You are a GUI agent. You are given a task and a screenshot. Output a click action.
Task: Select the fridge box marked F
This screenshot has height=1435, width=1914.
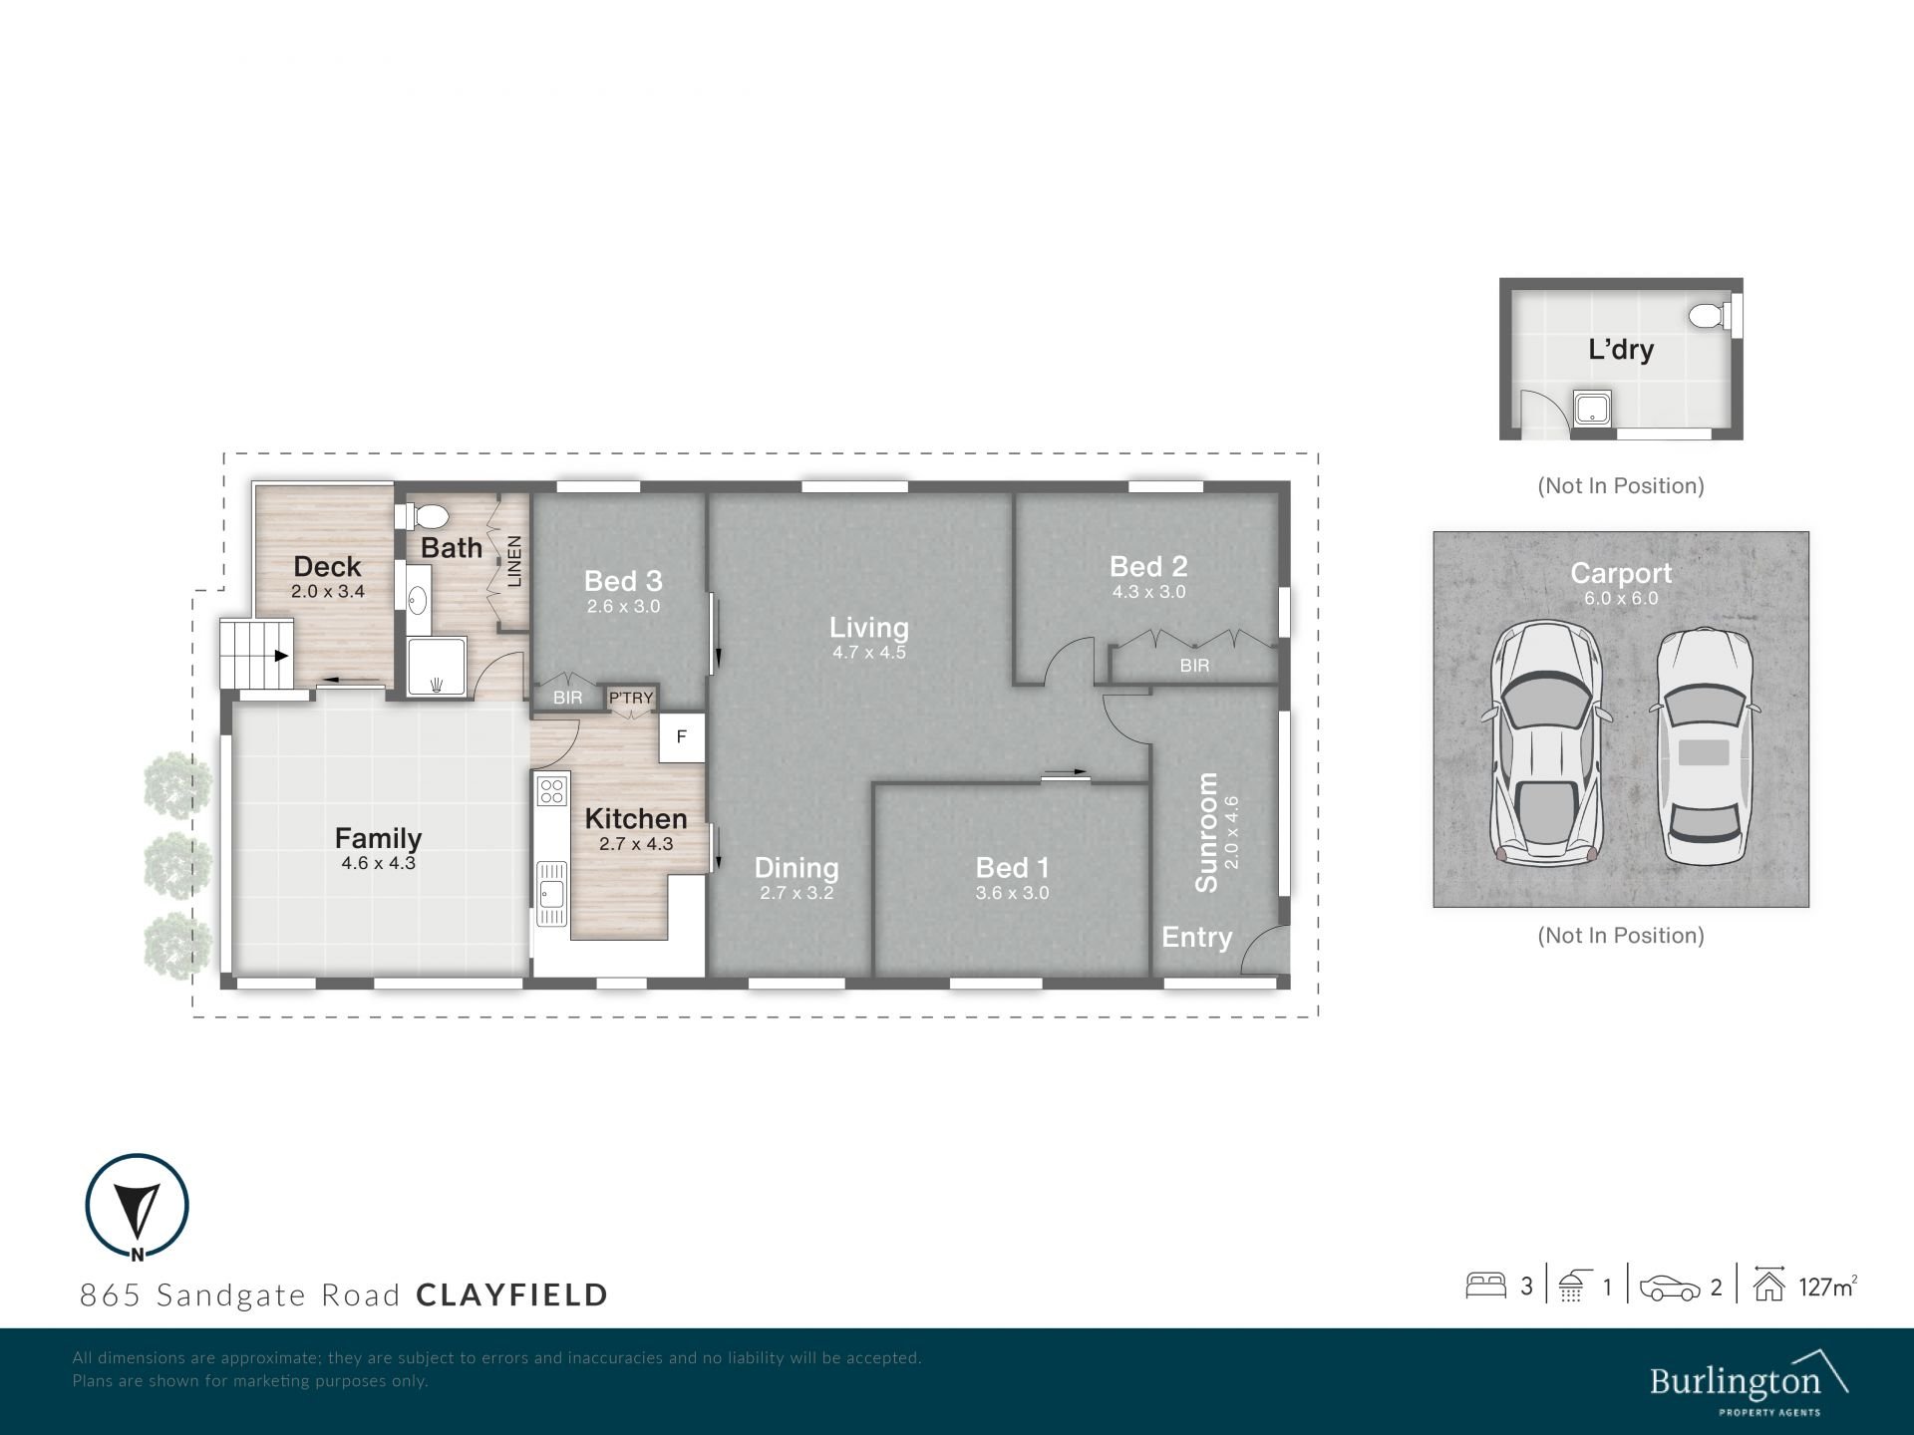click(x=682, y=737)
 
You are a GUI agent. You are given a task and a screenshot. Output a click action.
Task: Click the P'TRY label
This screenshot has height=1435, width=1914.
click(x=631, y=698)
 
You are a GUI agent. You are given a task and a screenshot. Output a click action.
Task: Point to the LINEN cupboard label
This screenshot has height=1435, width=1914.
click(x=514, y=561)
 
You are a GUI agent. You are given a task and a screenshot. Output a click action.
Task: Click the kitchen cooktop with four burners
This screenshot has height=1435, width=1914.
click(x=551, y=791)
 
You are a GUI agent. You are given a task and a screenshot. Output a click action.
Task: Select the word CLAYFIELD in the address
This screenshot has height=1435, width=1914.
click(x=512, y=1294)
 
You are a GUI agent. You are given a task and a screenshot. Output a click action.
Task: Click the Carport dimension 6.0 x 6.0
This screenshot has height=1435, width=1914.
click(x=1621, y=598)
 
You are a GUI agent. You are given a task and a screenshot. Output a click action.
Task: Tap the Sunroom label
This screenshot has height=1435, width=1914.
click(x=1206, y=832)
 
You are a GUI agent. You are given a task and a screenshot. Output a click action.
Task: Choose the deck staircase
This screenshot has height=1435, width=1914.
click(x=257, y=654)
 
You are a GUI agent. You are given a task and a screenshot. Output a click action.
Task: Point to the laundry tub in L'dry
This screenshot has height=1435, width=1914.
click(x=1591, y=408)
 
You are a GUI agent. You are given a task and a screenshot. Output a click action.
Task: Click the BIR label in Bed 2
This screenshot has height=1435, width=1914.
click(x=1194, y=665)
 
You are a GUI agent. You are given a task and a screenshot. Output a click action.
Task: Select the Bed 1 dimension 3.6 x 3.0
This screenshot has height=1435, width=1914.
click(x=1012, y=893)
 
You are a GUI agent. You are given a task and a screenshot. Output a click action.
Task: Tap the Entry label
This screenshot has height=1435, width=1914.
click(x=1197, y=937)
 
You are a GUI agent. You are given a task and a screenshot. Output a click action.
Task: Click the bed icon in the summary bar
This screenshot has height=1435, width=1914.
click(x=1485, y=1286)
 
